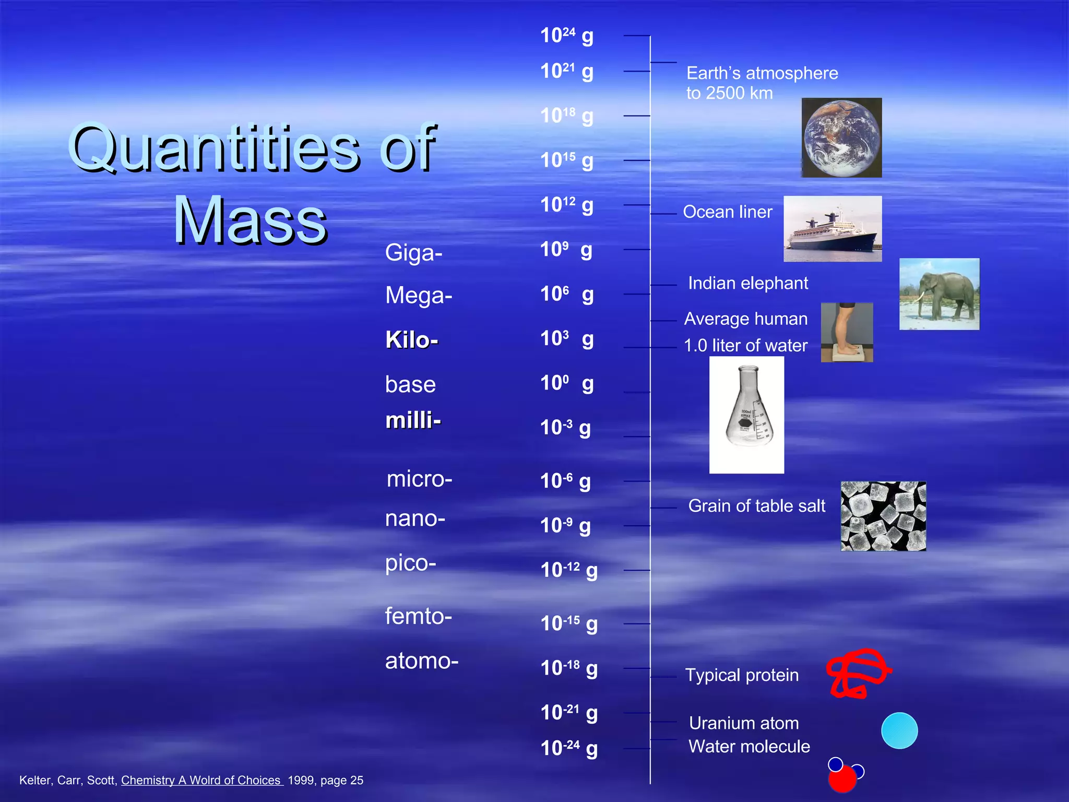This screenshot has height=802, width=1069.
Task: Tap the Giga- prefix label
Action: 413,253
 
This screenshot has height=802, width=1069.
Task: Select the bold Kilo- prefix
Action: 411,340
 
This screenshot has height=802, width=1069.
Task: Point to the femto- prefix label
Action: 418,616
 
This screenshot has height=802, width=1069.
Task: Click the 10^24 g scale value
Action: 566,36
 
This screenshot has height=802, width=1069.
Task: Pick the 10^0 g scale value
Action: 566,384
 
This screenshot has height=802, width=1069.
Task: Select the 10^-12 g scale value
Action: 568,570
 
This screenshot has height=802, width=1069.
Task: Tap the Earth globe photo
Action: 841,138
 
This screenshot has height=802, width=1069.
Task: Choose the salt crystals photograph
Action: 883,516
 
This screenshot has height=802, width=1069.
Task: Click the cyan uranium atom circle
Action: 899,730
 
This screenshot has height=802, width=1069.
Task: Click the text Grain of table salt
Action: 756,506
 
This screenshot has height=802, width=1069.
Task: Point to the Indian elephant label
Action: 747,284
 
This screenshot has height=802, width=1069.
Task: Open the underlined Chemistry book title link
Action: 201,780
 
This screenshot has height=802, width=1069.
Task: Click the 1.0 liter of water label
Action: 745,346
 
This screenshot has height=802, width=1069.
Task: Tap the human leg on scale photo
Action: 847,332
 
